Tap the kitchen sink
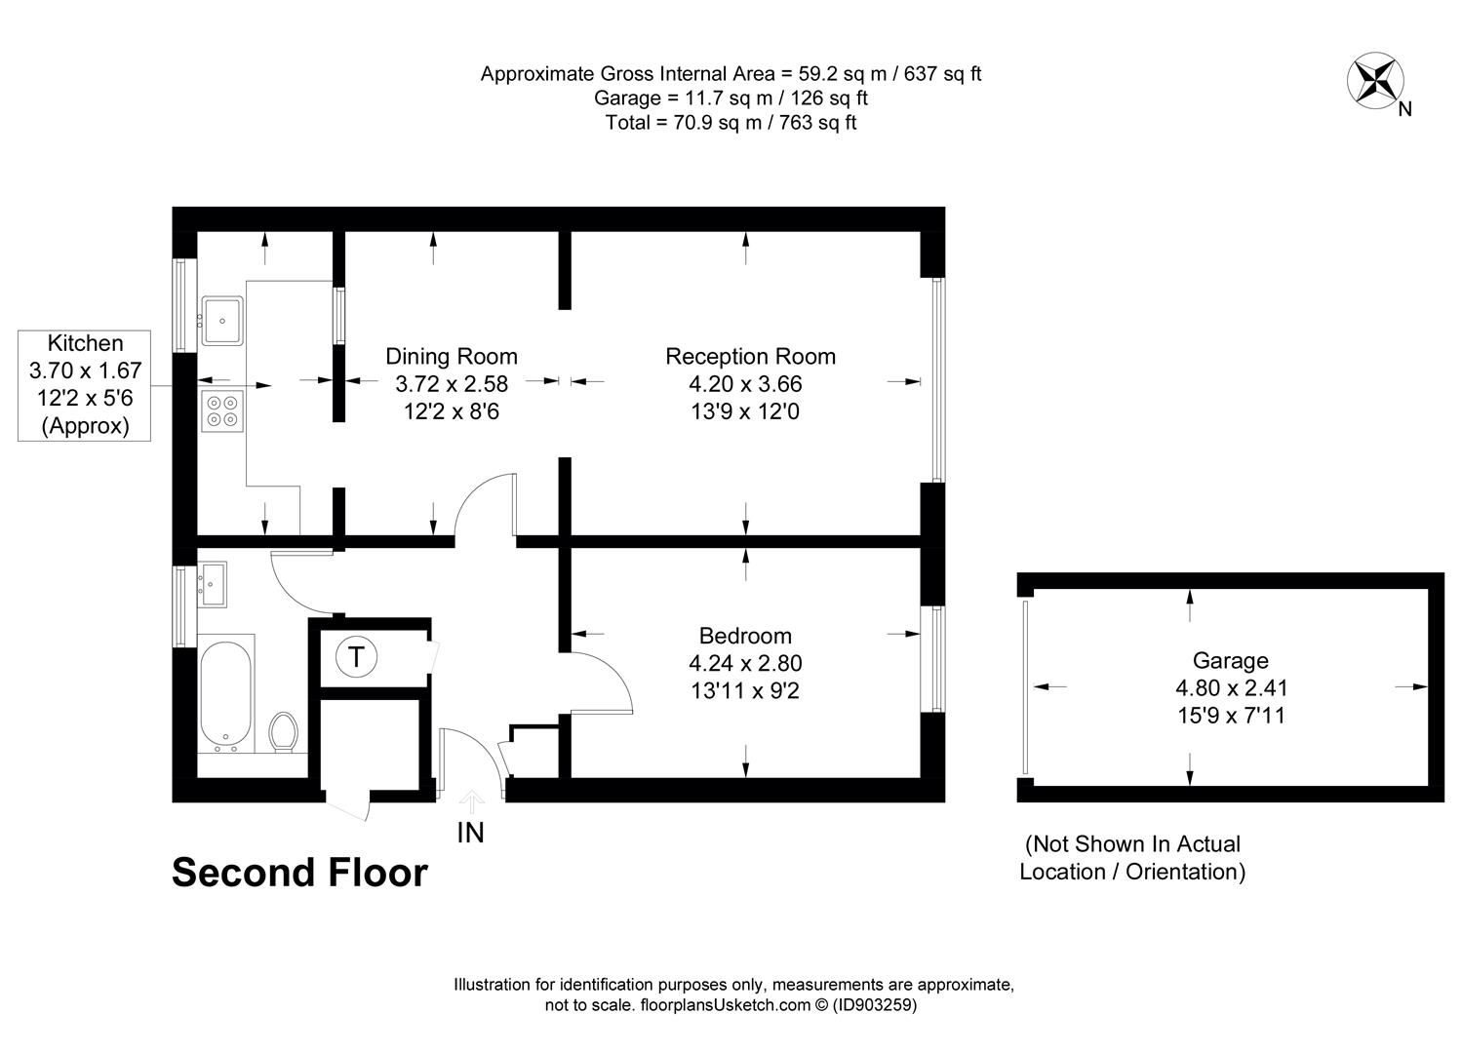tap(222, 321)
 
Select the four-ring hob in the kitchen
tap(222, 411)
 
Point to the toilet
tap(283, 731)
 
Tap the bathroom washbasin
tap(212, 584)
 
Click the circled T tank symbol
tap(356, 657)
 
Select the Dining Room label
tap(451, 356)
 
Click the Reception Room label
tap(751, 356)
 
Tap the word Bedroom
tap(745, 636)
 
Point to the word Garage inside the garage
tap(1230, 661)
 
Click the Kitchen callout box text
tap(85, 384)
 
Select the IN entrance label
tap(470, 833)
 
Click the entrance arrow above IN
tap(471, 801)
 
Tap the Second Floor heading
tap(299, 873)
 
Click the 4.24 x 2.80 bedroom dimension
tap(745, 663)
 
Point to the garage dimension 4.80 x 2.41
tap(1231, 687)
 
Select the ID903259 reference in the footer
tap(875, 1004)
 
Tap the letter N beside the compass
tap(1404, 109)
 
